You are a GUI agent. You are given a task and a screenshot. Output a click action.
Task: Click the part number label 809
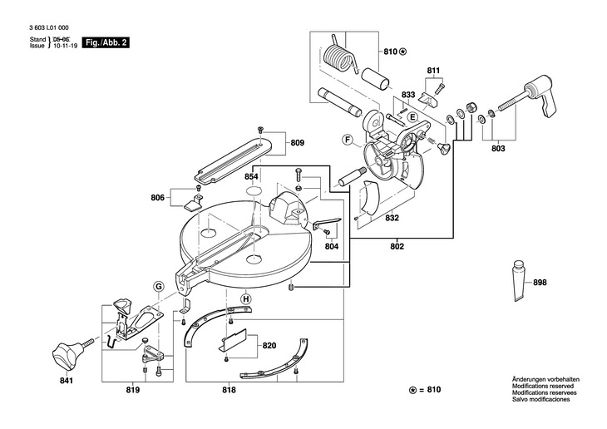click(x=298, y=143)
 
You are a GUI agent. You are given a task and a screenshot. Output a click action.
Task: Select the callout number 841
click(x=67, y=381)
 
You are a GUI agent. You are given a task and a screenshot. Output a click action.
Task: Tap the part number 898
click(x=540, y=283)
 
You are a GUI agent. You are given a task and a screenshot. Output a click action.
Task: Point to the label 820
click(x=269, y=345)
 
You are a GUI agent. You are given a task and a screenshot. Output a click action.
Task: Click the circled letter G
click(x=158, y=287)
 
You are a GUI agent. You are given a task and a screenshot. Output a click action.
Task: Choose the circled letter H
click(x=245, y=299)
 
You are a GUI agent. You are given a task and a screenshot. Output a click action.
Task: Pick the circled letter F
click(x=348, y=140)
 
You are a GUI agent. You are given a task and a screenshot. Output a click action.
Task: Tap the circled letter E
click(x=412, y=117)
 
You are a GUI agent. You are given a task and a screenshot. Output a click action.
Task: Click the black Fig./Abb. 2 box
click(x=106, y=42)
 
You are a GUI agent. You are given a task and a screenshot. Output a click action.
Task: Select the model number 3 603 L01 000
click(x=49, y=28)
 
